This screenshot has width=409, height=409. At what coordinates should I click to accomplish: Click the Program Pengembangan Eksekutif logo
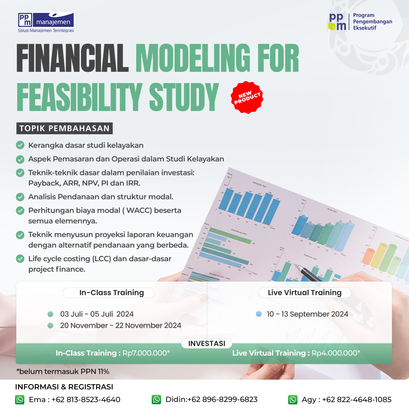[x=360, y=22]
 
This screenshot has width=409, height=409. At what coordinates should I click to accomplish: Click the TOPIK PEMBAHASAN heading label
[x=64, y=129]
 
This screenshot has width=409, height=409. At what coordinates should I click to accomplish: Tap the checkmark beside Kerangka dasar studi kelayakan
[x=20, y=145]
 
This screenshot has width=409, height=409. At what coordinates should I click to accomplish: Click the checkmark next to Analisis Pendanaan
[x=20, y=197]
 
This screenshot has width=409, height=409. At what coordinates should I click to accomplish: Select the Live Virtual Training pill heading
[x=305, y=292]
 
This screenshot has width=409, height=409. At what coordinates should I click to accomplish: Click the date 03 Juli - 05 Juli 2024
[x=97, y=314]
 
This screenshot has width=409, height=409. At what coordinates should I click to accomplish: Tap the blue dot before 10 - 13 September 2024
[x=258, y=314]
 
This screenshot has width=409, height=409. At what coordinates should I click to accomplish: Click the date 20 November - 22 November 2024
[x=121, y=326]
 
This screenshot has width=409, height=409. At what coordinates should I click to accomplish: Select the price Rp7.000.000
[x=146, y=353]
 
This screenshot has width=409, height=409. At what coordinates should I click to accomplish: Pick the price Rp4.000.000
[x=336, y=353]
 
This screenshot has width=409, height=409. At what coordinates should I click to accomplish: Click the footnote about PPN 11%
[x=63, y=371]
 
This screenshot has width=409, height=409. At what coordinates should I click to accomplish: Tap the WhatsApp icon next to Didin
[x=156, y=399]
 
